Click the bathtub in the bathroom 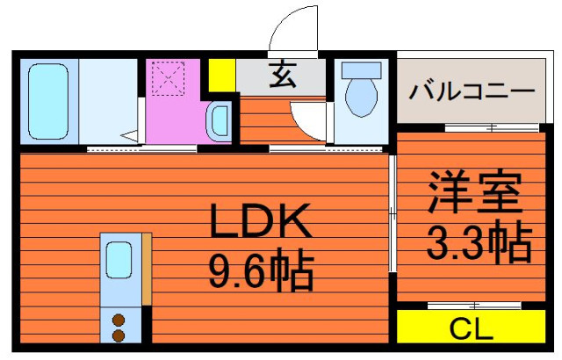[x=48, y=101]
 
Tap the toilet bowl [x=361, y=97]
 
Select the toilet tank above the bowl [x=361, y=70]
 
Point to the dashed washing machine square [x=168, y=78]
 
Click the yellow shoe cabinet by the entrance [x=222, y=75]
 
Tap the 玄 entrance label [x=283, y=75]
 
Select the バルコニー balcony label [x=472, y=91]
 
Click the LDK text [x=261, y=220]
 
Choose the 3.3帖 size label [x=479, y=241]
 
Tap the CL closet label [x=471, y=329]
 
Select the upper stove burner [x=119, y=320]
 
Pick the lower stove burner [x=119, y=336]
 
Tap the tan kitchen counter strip [x=147, y=269]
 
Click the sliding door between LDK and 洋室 [x=393, y=214]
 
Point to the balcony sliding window [x=492, y=127]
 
